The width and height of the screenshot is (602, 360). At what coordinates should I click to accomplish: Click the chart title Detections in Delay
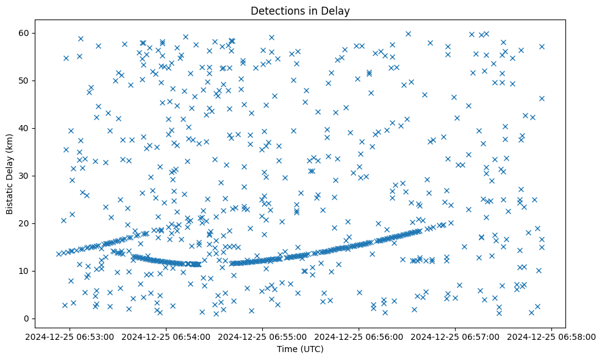point(300,10)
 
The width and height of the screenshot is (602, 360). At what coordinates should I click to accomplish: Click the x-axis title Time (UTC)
point(300,350)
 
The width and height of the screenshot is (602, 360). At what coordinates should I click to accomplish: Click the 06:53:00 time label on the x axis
point(70,336)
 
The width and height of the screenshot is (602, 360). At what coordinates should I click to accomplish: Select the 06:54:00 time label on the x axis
point(167,336)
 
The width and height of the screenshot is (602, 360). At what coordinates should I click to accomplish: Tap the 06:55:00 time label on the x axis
point(263,336)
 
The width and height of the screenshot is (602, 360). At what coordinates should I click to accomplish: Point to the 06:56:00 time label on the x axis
point(359,336)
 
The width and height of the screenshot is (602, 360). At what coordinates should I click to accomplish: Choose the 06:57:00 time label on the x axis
point(456,336)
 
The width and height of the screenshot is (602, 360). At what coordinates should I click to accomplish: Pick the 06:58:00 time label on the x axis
point(552,336)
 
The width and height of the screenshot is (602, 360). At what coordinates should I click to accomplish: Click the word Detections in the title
point(275,10)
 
